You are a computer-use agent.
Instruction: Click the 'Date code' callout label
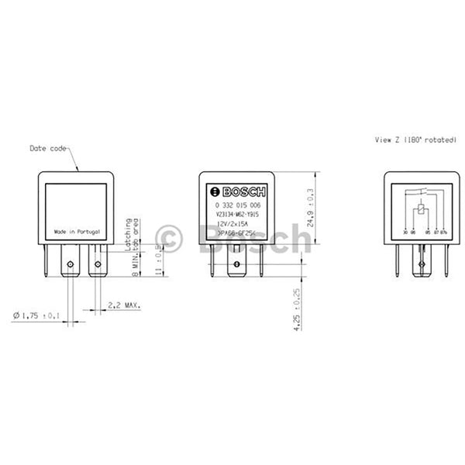(49, 147)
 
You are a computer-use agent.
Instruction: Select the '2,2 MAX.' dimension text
(124, 306)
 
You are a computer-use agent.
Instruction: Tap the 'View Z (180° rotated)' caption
(412, 142)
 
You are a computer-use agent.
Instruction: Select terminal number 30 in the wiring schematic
(403, 231)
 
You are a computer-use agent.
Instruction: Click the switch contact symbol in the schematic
(419, 190)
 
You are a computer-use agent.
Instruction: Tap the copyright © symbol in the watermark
(169, 236)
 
